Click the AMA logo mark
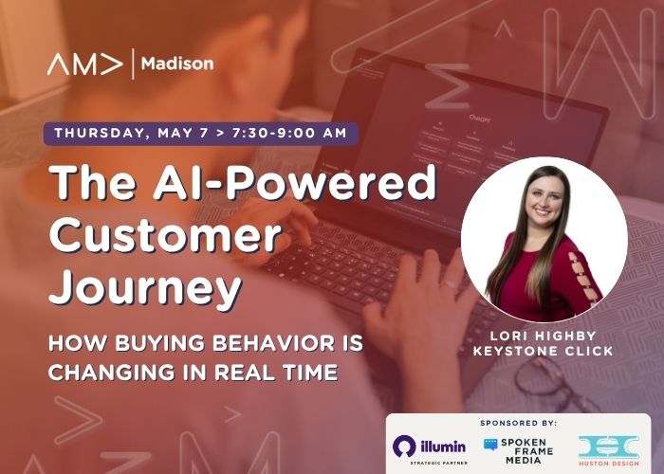tap(84, 64)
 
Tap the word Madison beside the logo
tap(177, 64)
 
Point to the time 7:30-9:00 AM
tap(289, 133)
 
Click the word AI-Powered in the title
tap(294, 182)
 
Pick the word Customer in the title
tap(166, 234)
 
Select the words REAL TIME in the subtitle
tap(276, 372)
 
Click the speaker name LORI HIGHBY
tap(543, 336)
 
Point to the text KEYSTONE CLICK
tap(543, 351)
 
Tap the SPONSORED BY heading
tap(518, 423)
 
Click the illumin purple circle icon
tap(404, 447)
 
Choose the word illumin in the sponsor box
tap(443, 447)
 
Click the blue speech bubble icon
tap(490, 445)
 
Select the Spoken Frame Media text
tap(526, 451)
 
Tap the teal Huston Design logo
tap(609, 450)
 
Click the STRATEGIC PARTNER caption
tap(438, 463)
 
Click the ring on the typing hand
tap(451, 283)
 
